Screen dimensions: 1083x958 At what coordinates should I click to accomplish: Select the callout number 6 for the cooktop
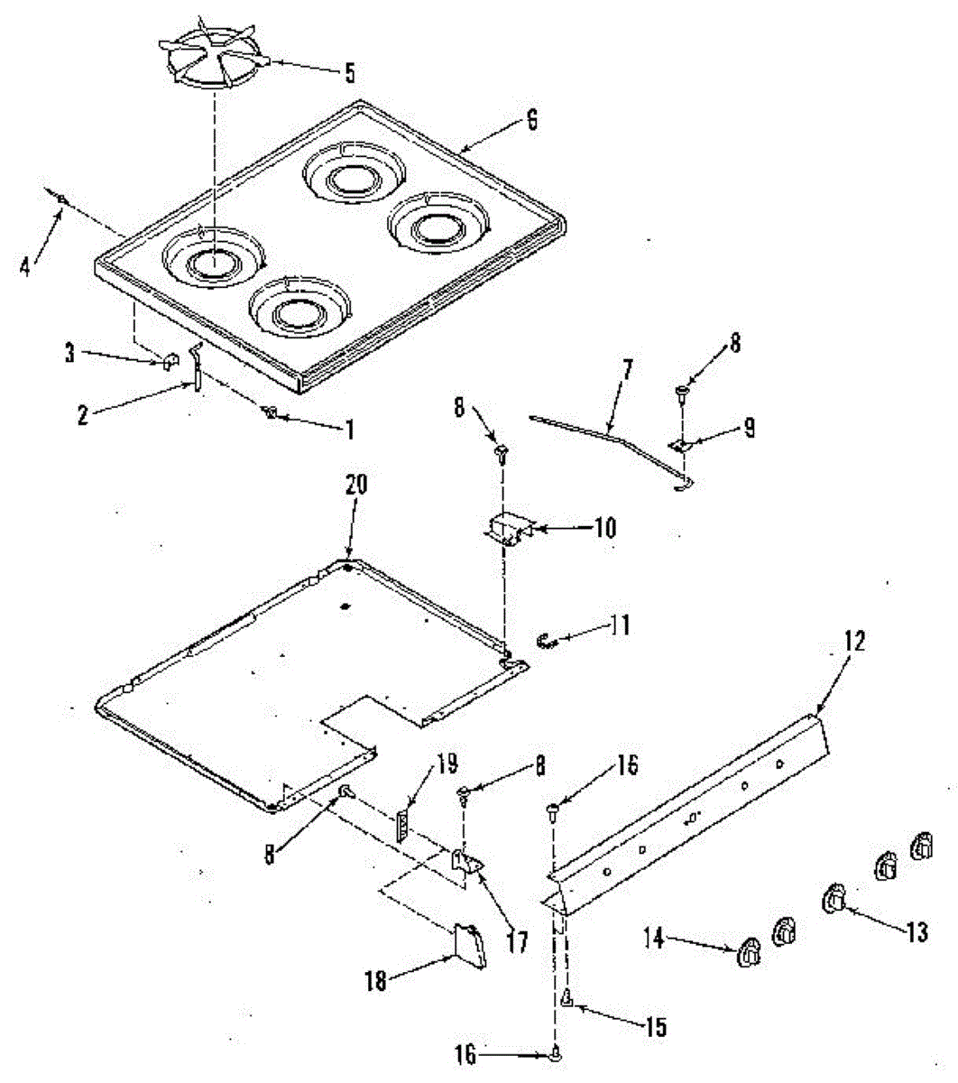click(531, 120)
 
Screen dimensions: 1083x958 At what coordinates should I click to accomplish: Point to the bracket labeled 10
click(509, 526)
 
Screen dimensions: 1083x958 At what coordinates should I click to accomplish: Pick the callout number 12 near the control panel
click(855, 642)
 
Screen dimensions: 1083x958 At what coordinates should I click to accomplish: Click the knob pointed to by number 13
click(834, 900)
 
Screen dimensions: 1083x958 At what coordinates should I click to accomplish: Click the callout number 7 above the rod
click(628, 369)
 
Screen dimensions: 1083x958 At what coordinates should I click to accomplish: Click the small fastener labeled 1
click(268, 412)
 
